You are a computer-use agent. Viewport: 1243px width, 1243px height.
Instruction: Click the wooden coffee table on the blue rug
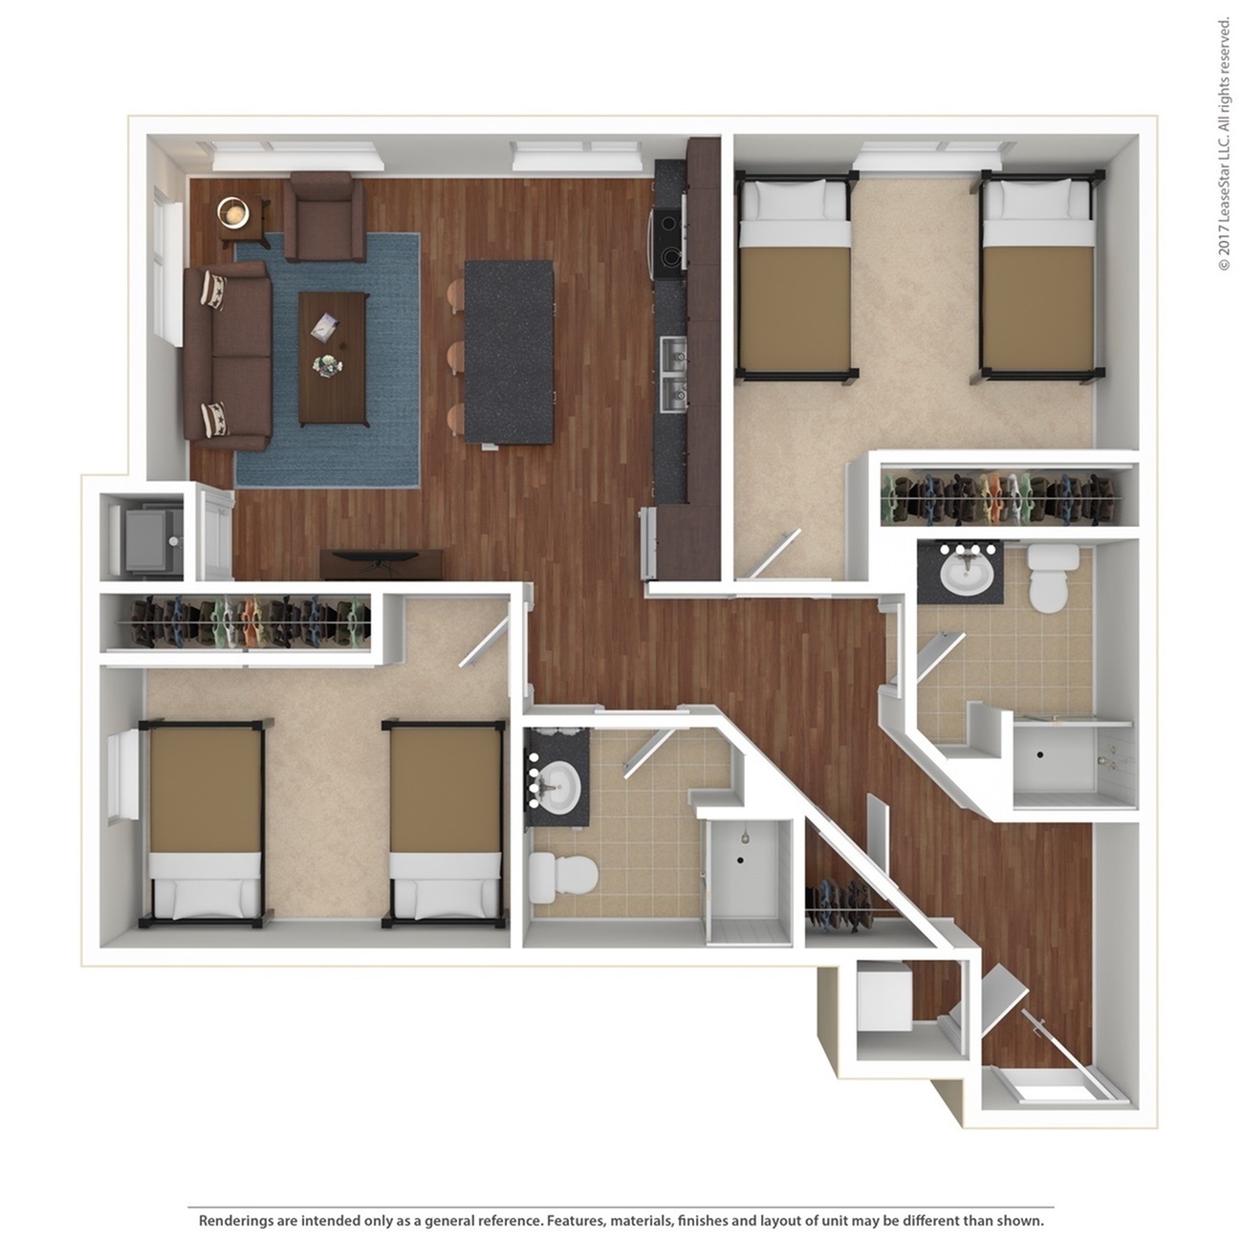coord(334,360)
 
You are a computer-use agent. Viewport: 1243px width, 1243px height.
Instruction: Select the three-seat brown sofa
coord(228,356)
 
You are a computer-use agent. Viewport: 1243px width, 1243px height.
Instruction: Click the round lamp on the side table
coord(233,211)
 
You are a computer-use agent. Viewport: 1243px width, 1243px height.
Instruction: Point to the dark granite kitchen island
coord(509,352)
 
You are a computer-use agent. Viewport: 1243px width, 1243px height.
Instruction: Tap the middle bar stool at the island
coord(455,358)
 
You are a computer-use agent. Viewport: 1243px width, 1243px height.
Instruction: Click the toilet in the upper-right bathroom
coord(1054,578)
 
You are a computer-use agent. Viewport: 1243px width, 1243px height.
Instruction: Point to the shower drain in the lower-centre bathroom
coord(740,860)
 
